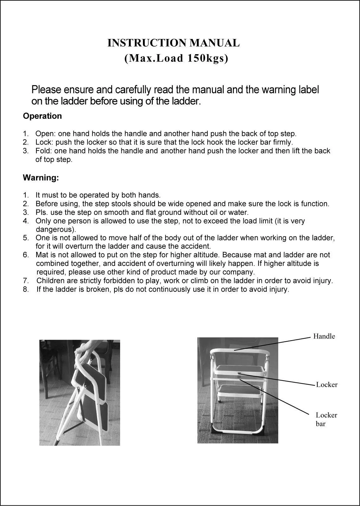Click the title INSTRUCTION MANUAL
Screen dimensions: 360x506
coord(173,43)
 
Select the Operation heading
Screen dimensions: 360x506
coord(42,116)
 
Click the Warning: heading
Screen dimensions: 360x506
coord(41,177)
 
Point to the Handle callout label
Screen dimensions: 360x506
coord(324,336)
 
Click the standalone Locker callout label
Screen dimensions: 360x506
coord(326,385)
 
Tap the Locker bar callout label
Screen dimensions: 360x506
coord(326,420)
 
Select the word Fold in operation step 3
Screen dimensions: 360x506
coord(43,151)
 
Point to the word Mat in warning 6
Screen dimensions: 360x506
coord(41,255)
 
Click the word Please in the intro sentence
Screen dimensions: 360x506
coord(46,90)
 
